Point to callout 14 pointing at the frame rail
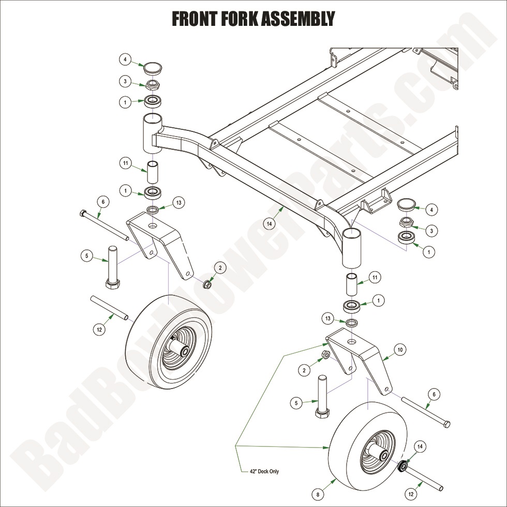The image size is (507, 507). coord(269,223)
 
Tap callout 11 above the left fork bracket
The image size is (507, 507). coord(125,163)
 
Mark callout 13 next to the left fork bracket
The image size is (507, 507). coord(178,203)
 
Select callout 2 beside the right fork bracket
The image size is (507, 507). coord(305,369)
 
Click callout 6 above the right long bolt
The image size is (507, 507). coord(434,394)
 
